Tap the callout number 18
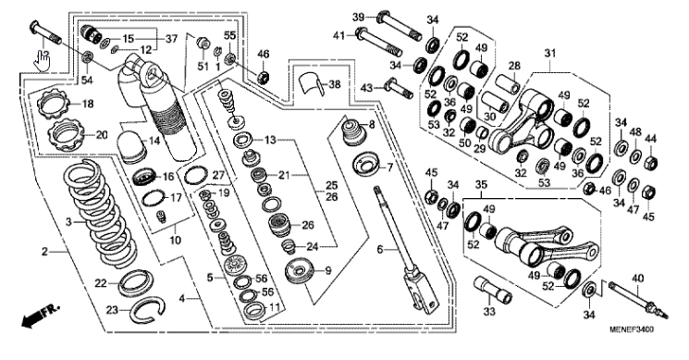88,105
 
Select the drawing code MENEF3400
631,329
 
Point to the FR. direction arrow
40,317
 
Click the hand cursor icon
43,61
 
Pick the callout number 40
637,278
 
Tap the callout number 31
550,53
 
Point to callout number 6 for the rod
380,249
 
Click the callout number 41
338,34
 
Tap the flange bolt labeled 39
400,26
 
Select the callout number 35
482,184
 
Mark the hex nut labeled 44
651,163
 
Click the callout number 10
176,240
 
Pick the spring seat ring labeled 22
136,282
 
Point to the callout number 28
514,67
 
